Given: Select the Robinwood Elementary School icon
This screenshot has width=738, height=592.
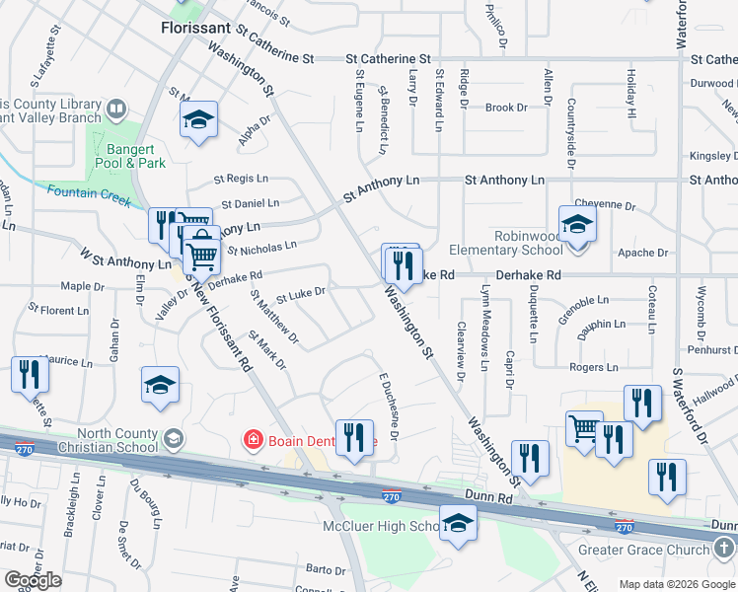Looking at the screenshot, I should pyautogui.click(x=577, y=224).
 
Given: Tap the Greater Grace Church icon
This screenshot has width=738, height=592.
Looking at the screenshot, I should pyautogui.click(x=725, y=545).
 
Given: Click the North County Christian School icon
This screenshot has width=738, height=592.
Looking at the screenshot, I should pyautogui.click(x=173, y=437).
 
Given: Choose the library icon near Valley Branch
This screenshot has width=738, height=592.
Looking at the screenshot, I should pyautogui.click(x=116, y=110).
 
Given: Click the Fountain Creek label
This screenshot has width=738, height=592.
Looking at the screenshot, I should pyautogui.click(x=89, y=193).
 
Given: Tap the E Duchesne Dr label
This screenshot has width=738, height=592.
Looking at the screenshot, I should pyautogui.click(x=387, y=407).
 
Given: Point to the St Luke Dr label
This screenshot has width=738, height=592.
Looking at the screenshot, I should pyautogui.click(x=301, y=293).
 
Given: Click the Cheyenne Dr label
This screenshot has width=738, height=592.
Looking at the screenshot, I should pyautogui.click(x=603, y=204).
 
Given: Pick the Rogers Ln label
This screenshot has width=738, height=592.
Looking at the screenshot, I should pyautogui.click(x=593, y=367).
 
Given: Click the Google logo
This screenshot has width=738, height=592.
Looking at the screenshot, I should pyautogui.click(x=33, y=580).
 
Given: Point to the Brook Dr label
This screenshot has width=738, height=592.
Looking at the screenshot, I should pyautogui.click(x=500, y=108).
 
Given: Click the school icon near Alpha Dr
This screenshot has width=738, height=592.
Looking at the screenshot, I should pyautogui.click(x=199, y=121).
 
